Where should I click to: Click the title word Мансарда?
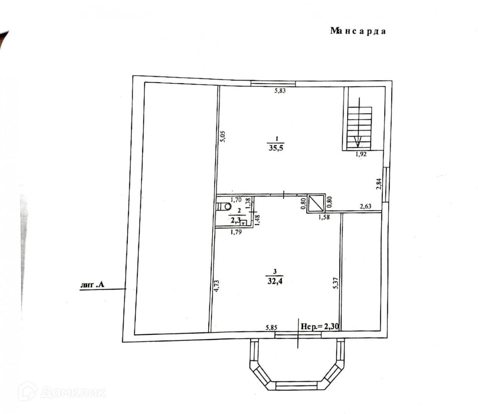click(x=358, y=31)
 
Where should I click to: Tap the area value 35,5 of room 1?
click(x=275, y=148)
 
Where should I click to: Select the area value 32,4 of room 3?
click(x=275, y=281)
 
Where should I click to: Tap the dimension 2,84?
click(x=378, y=185)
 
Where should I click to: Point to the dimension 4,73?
click(x=216, y=286)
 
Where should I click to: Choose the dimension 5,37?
click(x=336, y=283)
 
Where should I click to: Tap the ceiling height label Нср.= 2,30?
click(x=320, y=327)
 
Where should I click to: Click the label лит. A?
click(x=92, y=285)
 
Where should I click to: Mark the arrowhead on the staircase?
click(x=357, y=142)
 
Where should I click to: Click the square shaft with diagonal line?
click(x=316, y=203)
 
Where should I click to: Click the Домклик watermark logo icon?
click(x=28, y=391)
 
